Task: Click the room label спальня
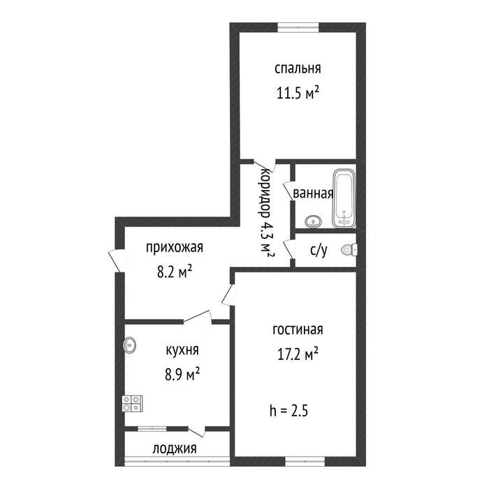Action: [x=298, y=68]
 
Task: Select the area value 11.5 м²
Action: [x=298, y=93]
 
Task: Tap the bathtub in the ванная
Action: [x=344, y=198]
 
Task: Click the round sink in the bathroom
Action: [x=313, y=221]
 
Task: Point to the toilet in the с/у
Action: [x=349, y=249]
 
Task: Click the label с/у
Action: [x=319, y=250]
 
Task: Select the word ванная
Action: [x=314, y=194]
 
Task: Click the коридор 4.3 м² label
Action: [x=266, y=213]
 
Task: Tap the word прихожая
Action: [x=175, y=247]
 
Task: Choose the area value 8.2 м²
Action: [x=175, y=272]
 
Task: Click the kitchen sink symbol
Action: [x=130, y=345]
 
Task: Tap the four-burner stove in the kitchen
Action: [x=133, y=404]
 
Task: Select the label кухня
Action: [x=182, y=350]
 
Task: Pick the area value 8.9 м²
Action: [x=182, y=374]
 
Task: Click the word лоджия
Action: [x=175, y=448]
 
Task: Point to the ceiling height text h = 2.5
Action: [x=289, y=411]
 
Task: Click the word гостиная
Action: [x=298, y=330]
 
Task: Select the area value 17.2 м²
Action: [x=298, y=354]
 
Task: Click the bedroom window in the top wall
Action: [x=298, y=27]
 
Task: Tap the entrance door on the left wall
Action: [x=116, y=261]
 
